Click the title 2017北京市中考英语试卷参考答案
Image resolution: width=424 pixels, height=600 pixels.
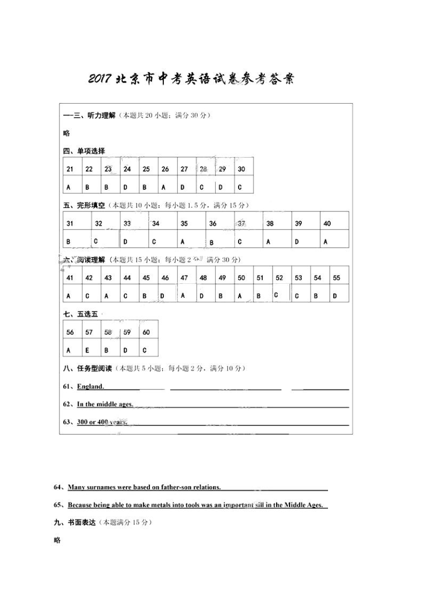(x=190, y=80)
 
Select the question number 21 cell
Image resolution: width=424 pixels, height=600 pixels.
(x=70, y=169)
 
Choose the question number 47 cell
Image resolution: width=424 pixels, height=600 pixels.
(x=184, y=278)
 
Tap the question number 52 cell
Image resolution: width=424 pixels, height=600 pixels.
(x=279, y=278)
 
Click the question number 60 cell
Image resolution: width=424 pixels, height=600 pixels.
(x=146, y=332)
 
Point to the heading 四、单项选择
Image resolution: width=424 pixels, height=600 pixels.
(x=84, y=151)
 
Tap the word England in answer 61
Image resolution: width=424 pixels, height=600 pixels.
(x=90, y=386)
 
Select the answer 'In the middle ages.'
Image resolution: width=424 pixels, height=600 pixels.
(x=105, y=404)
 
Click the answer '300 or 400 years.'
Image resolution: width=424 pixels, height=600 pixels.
(x=102, y=422)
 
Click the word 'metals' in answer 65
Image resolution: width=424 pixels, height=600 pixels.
(x=157, y=505)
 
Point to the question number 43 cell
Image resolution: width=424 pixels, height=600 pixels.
(x=108, y=278)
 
